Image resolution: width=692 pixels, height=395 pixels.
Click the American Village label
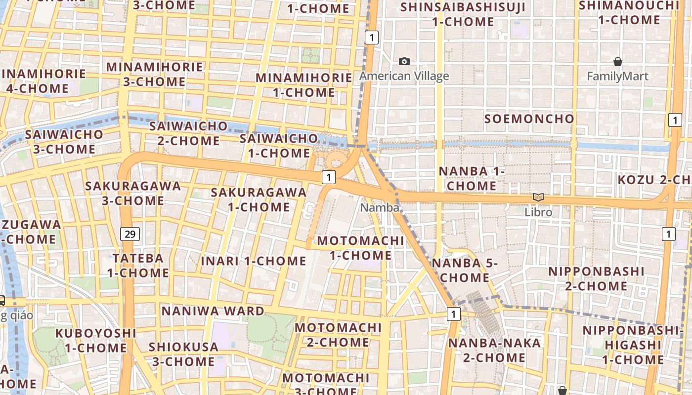[404, 76]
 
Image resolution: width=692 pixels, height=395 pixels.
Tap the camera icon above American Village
[404, 61]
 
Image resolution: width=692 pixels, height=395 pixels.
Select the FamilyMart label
[617, 77]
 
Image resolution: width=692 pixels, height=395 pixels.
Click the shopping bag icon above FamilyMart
[617, 62]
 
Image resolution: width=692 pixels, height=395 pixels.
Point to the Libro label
[538, 212]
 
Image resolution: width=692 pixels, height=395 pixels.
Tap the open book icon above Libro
[538, 197]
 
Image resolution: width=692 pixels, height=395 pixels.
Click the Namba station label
[380, 208]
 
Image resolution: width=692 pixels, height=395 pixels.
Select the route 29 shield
[130, 234]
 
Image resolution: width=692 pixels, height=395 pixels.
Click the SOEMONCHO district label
[529, 119]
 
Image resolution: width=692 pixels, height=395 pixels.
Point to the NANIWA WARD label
[213, 311]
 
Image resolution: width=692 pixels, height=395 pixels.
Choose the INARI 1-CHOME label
[254, 261]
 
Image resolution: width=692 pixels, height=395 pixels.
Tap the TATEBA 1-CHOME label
[138, 265]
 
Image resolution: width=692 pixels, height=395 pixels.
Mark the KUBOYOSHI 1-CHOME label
[96, 340]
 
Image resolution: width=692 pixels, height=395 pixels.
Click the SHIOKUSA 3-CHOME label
[183, 354]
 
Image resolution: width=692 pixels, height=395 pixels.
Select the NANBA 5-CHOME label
[464, 270]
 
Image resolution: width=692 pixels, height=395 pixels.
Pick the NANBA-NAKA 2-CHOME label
[494, 350]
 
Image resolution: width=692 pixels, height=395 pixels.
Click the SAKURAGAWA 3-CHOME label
[133, 193]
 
